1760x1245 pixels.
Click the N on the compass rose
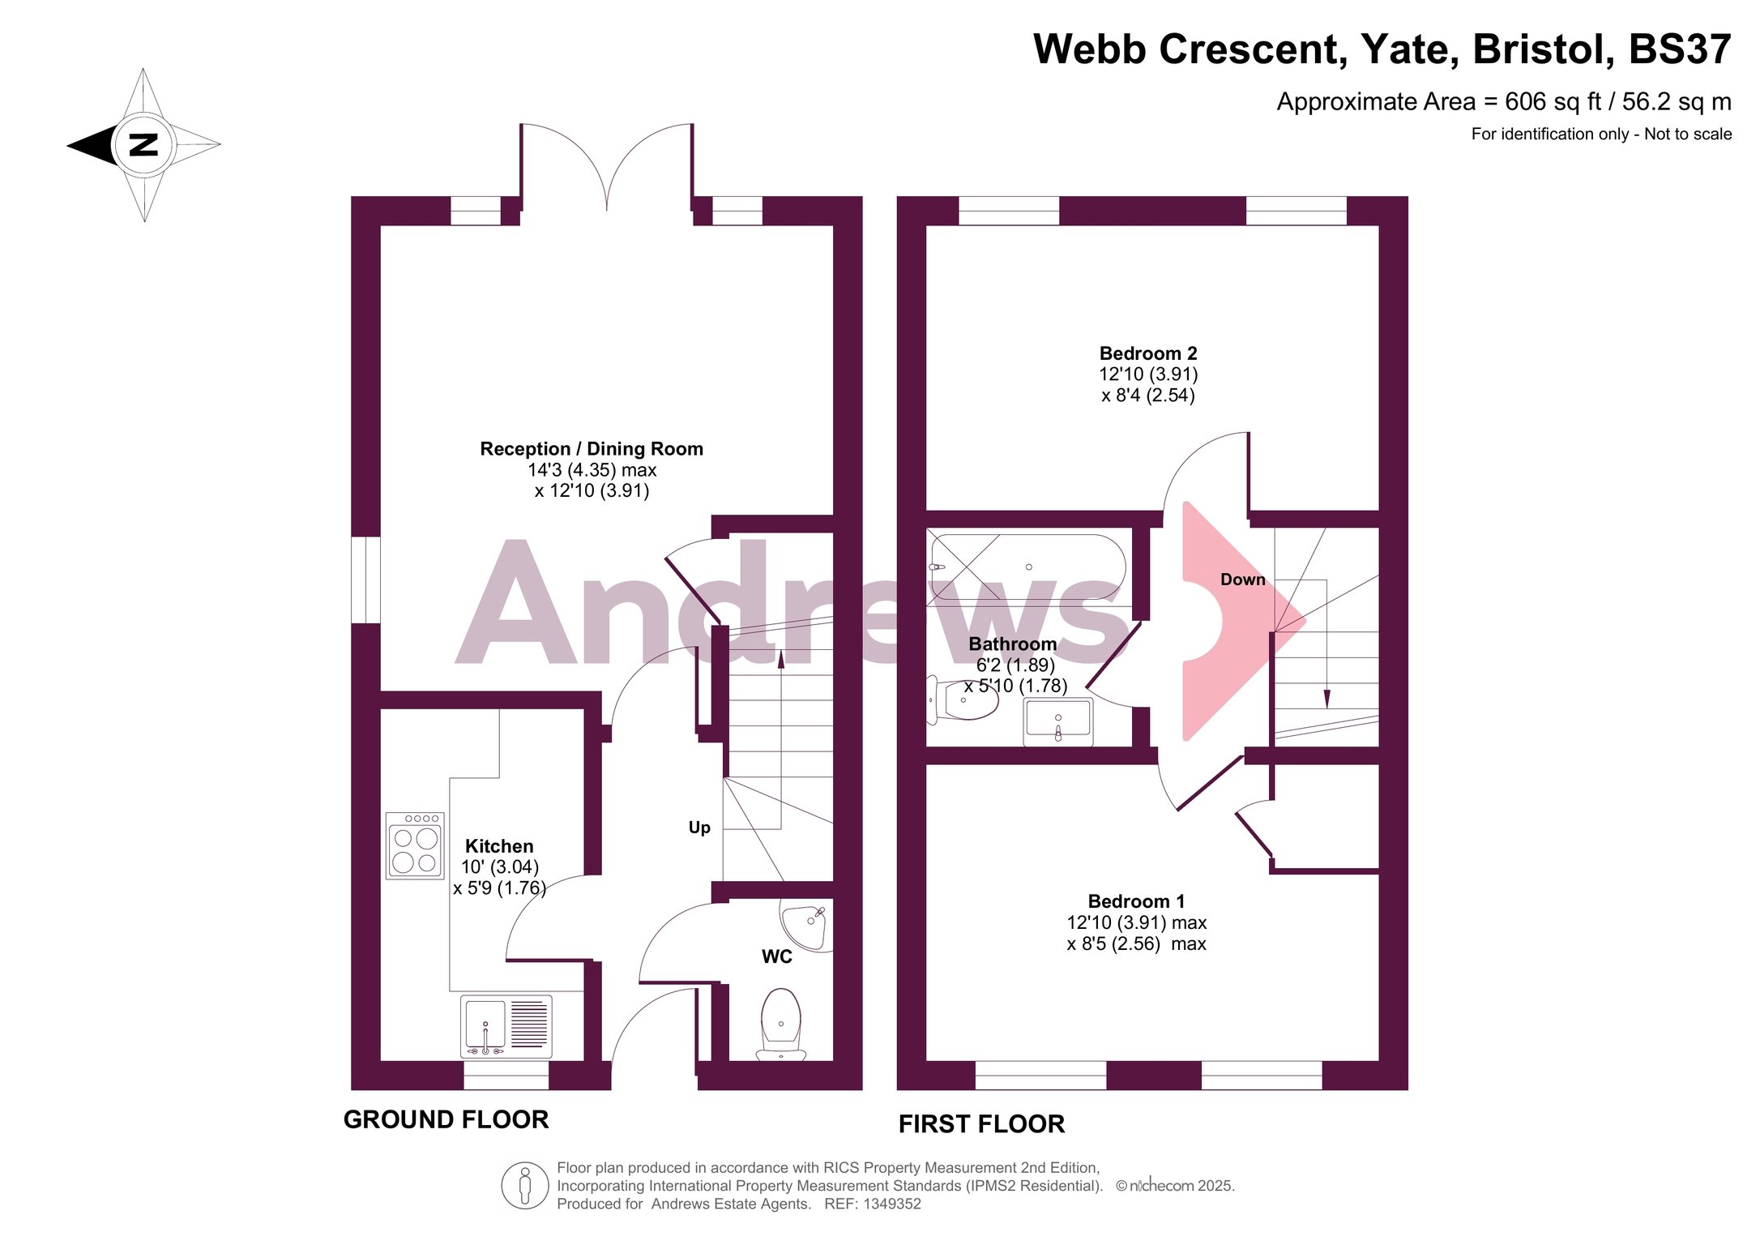143,145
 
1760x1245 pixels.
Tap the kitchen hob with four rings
415,845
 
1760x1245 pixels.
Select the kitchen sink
506,1026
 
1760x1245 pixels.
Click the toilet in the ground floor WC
781,1023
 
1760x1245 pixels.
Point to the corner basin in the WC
804,925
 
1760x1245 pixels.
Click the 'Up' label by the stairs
699,828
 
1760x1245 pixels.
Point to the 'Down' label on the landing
1242,580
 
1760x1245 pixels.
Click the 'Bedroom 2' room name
1148,353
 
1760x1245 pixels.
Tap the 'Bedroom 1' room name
1136,901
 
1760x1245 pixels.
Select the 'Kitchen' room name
499,846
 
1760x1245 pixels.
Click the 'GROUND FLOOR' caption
446,1119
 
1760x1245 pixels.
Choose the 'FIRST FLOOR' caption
981,1124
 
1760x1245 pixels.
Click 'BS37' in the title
1680,49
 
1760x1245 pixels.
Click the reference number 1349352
892,1204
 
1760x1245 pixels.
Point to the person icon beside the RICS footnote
525,1185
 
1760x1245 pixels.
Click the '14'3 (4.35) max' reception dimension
592,470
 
